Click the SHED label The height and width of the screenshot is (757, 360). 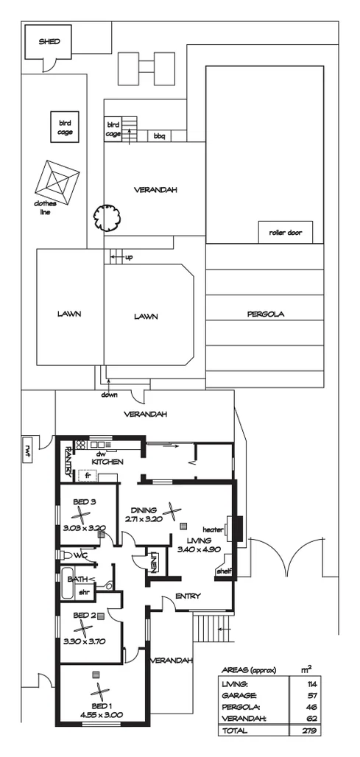[x=49, y=42]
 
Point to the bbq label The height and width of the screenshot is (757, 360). [x=159, y=136]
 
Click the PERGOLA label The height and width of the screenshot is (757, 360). [x=265, y=314]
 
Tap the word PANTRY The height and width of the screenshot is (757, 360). [x=66, y=460]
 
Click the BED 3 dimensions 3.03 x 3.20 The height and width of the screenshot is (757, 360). [x=84, y=527]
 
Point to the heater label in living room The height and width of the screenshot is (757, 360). [x=213, y=529]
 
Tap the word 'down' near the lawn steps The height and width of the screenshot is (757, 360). [x=110, y=395]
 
